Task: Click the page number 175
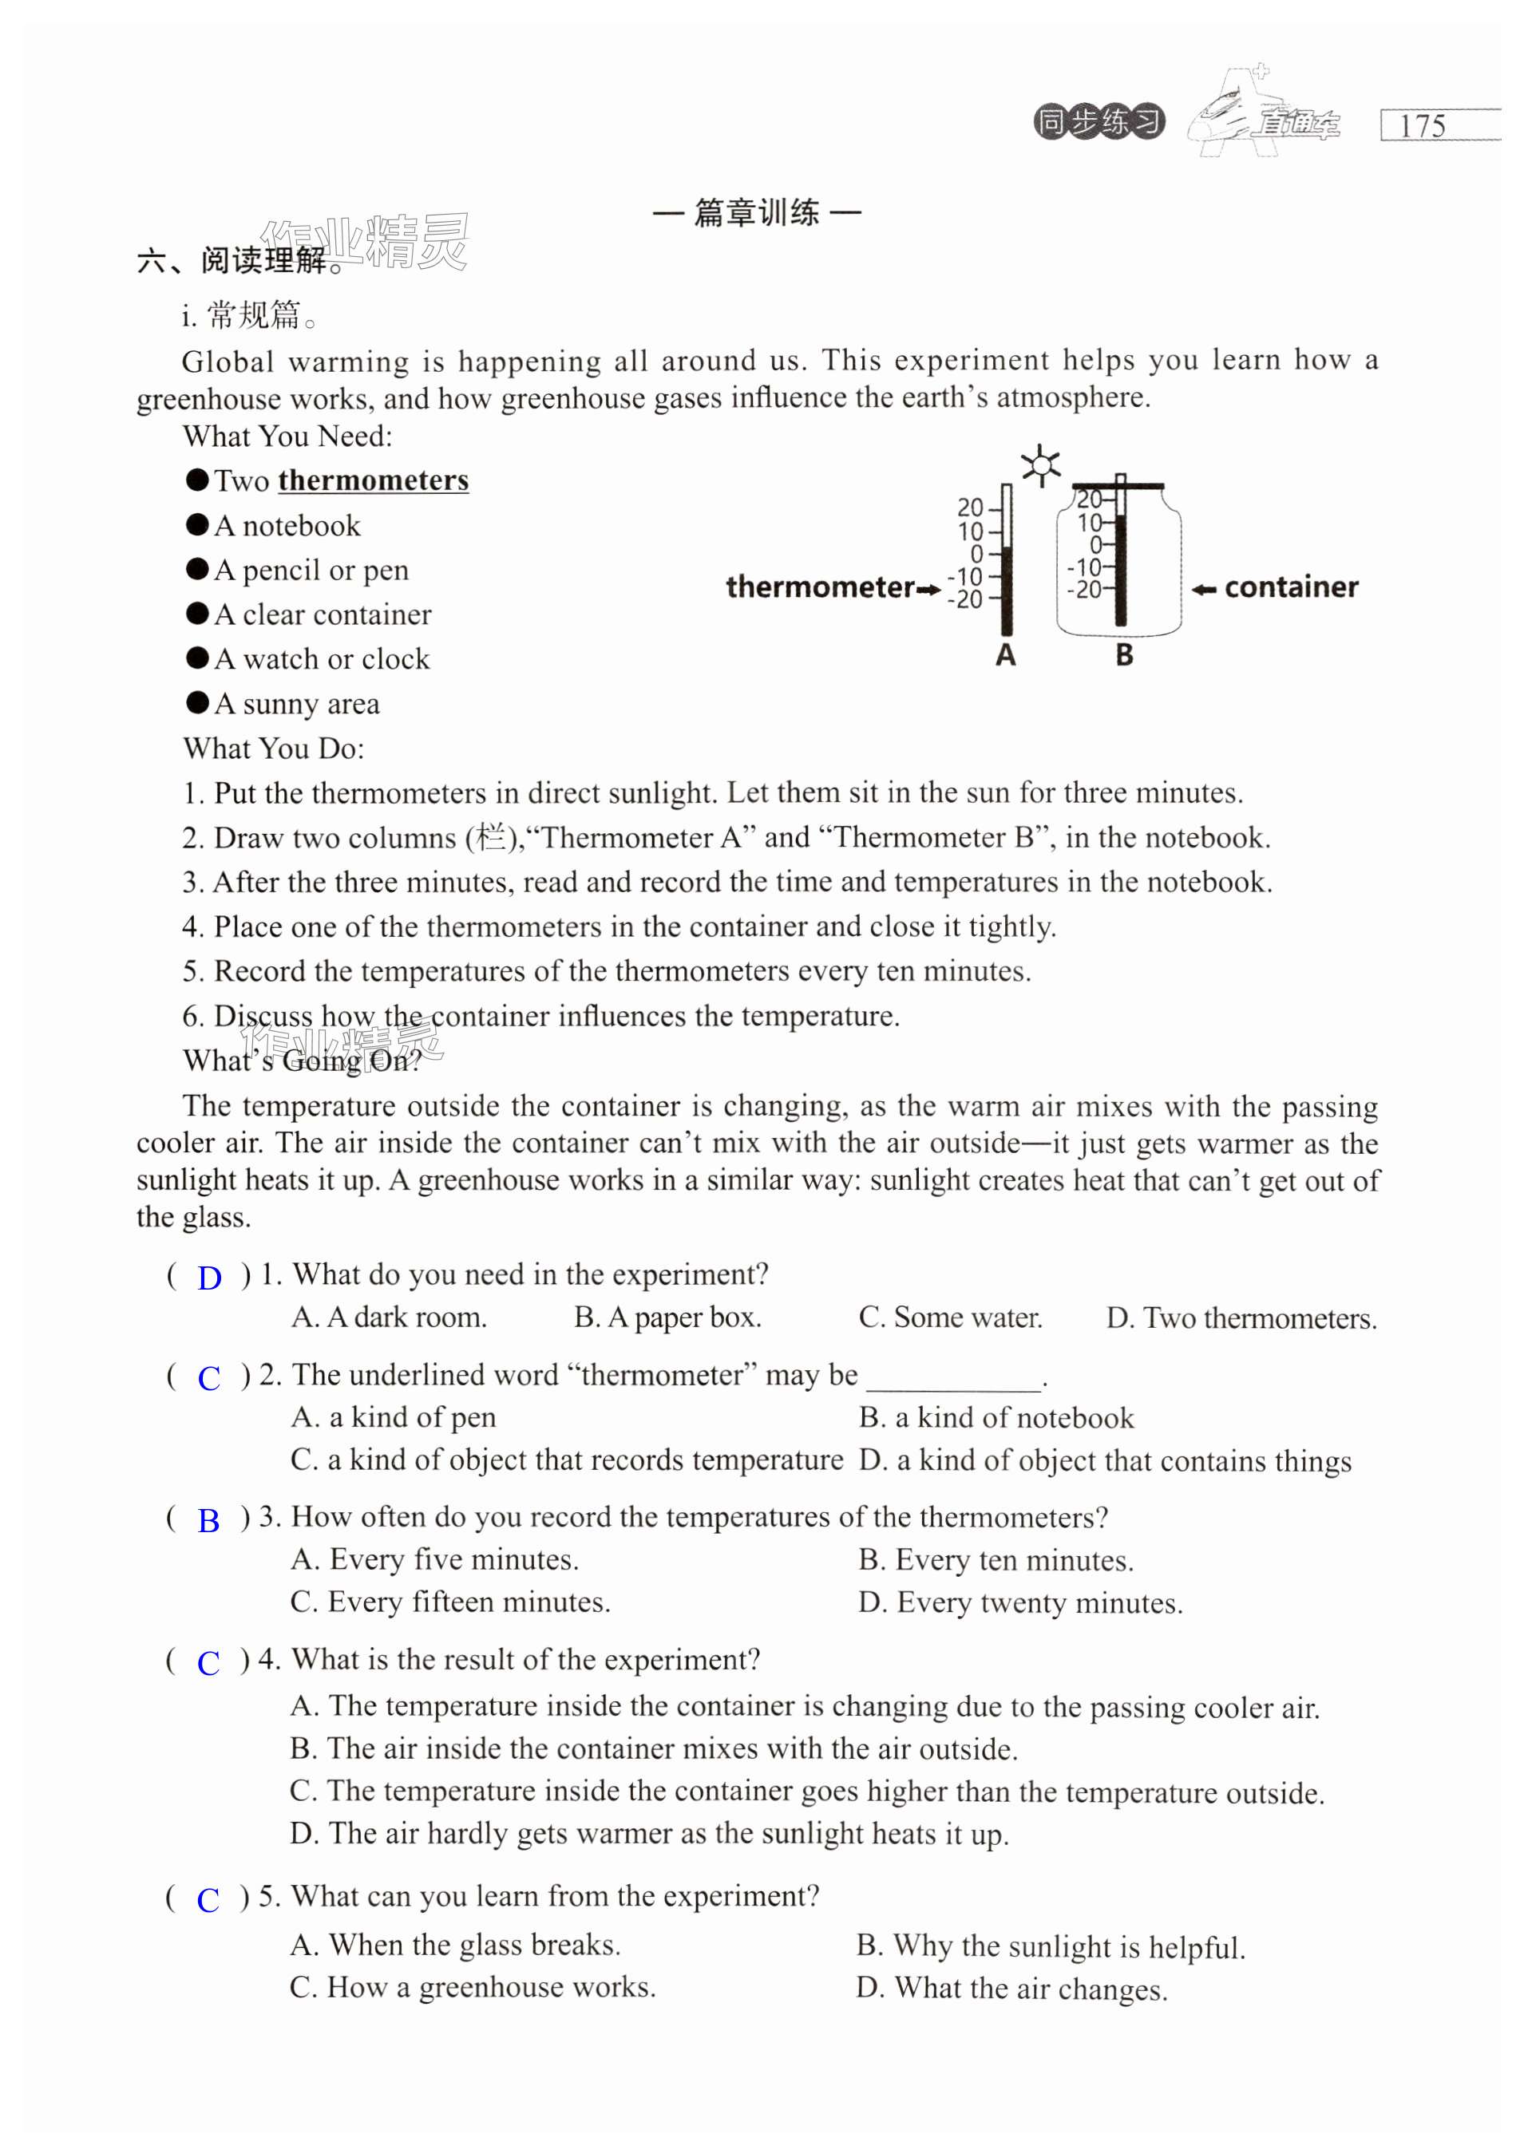1422,126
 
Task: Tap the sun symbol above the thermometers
1039,465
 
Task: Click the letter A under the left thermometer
1005,655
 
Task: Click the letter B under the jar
1124,655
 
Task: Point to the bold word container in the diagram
1291,587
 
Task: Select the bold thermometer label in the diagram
819,587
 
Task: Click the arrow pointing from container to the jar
1204,589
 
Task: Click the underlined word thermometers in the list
373,480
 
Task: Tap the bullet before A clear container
197,614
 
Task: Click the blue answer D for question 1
209,1278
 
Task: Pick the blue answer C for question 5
208,1900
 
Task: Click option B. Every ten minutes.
996,1560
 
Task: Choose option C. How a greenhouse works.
473,1987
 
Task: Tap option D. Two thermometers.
1241,1318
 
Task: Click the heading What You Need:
287,437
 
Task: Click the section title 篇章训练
756,213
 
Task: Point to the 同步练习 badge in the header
1099,122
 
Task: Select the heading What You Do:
273,749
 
